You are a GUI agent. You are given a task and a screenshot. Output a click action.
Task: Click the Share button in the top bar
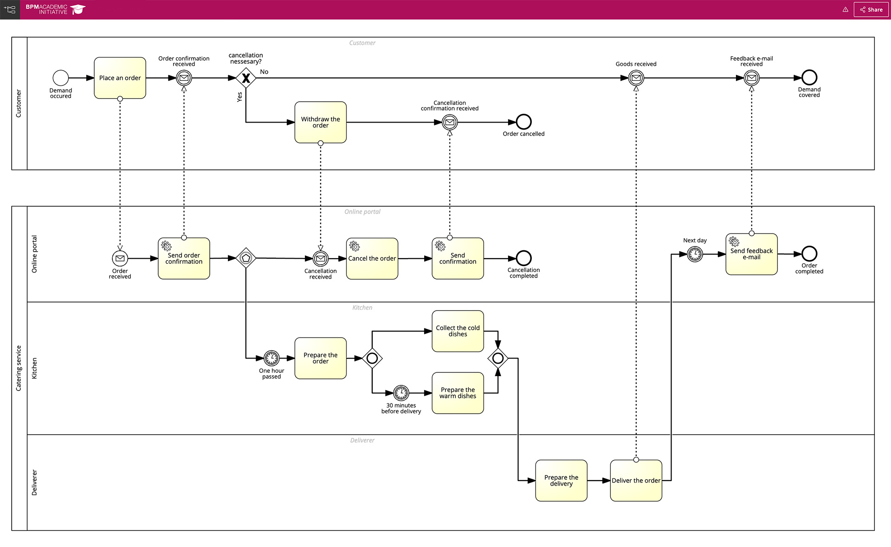pyautogui.click(x=871, y=9)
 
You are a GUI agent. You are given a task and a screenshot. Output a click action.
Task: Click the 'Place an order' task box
pyautogui.click(x=120, y=78)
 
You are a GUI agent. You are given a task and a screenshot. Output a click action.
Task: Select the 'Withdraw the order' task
pyautogui.click(x=320, y=122)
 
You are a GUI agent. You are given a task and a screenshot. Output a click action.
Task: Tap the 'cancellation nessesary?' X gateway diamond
pyautogui.click(x=245, y=78)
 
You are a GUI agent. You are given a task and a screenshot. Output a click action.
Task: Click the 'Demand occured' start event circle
pyautogui.click(x=61, y=78)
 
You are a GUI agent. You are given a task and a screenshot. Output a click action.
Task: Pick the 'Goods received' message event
pyautogui.click(x=636, y=78)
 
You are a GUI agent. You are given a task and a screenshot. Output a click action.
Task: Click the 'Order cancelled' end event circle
pyautogui.click(x=523, y=122)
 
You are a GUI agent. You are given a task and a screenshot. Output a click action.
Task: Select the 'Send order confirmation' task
pyautogui.click(x=184, y=259)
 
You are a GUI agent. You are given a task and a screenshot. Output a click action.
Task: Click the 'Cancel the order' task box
pyautogui.click(x=372, y=259)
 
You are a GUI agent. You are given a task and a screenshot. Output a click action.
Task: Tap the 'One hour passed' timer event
pyautogui.click(x=271, y=358)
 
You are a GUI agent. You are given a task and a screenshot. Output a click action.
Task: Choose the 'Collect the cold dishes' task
pyautogui.click(x=458, y=331)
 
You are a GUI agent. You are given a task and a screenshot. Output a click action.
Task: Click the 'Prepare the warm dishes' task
pyautogui.click(x=458, y=393)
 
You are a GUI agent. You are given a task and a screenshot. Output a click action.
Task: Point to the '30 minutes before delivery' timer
pyautogui.click(x=401, y=393)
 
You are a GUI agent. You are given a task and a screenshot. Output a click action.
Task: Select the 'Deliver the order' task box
pyautogui.click(x=636, y=481)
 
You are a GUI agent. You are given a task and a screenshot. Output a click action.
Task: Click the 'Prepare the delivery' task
pyautogui.click(x=561, y=481)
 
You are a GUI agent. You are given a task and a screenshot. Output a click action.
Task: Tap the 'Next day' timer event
pyautogui.click(x=695, y=254)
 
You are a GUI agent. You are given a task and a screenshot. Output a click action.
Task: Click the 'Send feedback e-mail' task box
pyautogui.click(x=751, y=254)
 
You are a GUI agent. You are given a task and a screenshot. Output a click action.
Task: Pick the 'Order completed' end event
pyautogui.click(x=809, y=254)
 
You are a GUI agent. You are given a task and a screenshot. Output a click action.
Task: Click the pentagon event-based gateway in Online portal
pyautogui.click(x=245, y=258)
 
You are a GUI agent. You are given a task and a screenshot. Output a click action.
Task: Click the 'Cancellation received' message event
pyautogui.click(x=320, y=258)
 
